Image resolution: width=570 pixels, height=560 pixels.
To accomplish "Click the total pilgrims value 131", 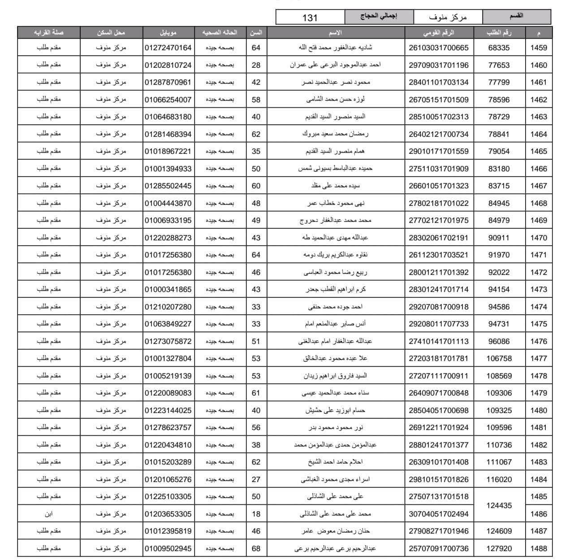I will coord(310,17).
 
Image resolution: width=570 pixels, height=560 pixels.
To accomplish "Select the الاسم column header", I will coord(336,33).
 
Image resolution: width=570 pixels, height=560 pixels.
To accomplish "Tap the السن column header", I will coord(256,33).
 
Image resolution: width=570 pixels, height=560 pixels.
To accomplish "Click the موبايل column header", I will coord(168,33).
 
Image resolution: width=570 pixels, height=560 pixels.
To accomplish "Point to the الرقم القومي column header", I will coord(439,33).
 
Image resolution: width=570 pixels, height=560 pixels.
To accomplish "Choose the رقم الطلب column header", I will coord(499,33).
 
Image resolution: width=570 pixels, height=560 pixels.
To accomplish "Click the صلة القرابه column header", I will coord(48,33).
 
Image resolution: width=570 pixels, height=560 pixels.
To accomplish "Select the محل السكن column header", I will coord(111,33).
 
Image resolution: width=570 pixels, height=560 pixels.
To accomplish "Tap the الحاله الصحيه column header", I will coord(220,33).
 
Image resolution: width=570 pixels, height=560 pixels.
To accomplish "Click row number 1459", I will coord(539,48).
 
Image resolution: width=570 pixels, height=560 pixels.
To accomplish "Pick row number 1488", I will coord(539,548).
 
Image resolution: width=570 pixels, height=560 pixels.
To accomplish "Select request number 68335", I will coord(499,48).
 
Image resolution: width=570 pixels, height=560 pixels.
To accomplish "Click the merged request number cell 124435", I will coord(499,505).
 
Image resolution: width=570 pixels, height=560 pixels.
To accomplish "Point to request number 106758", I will coord(499,358).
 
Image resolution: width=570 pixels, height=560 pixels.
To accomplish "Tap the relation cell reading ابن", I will coord(48,514).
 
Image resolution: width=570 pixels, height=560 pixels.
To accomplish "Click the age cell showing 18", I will coord(256,514).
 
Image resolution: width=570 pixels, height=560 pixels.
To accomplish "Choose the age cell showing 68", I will coord(256,548).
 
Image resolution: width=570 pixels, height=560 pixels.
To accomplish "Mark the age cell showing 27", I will coord(256,479).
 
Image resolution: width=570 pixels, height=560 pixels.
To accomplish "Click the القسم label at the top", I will coord(517,17).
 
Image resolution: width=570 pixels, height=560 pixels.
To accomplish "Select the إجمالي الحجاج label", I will coord(379,17).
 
